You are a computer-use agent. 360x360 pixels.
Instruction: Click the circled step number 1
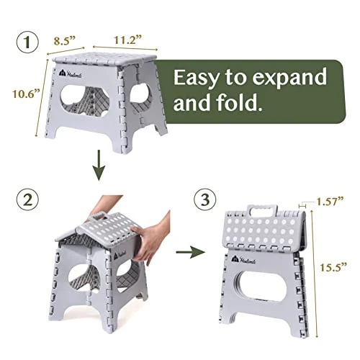click(29, 44)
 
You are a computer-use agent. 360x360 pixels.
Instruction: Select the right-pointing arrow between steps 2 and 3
click(187, 253)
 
